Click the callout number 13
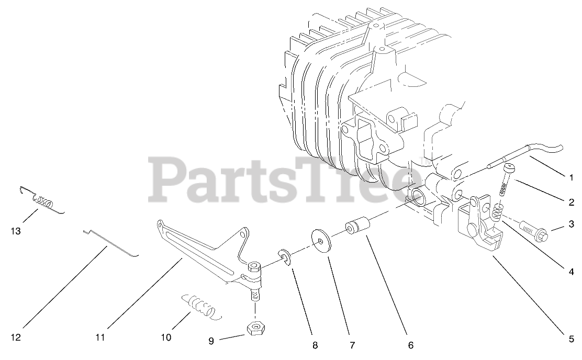point(16,231)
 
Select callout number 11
point(100,337)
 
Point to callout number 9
point(211,341)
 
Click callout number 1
point(572,178)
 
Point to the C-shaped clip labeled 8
point(285,257)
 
